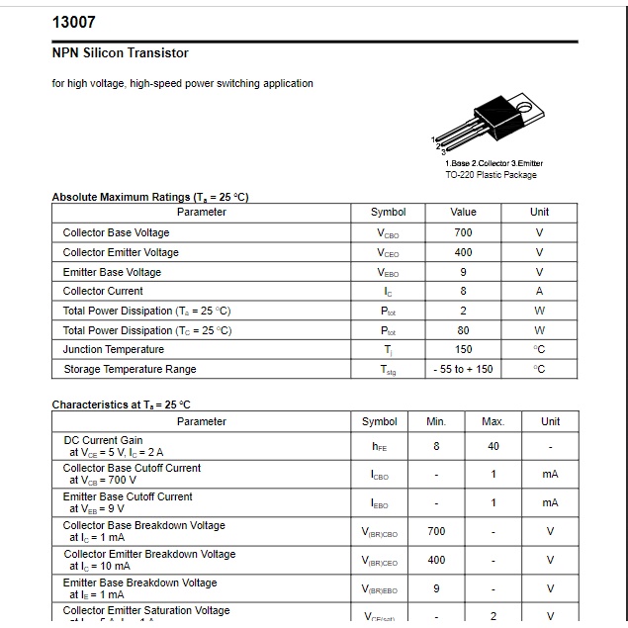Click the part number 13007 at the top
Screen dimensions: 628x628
pyautogui.click(x=73, y=23)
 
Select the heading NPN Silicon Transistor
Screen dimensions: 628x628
pyautogui.click(x=120, y=52)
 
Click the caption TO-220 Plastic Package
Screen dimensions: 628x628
pyautogui.click(x=491, y=175)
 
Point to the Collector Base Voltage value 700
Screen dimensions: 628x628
pyautogui.click(x=463, y=232)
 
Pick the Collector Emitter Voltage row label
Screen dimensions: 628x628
pyautogui.click(x=121, y=252)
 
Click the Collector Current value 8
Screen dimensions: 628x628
pyautogui.click(x=463, y=291)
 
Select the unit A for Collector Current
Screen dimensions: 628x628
pyautogui.click(x=539, y=291)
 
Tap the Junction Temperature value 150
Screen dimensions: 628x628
pyautogui.click(x=463, y=349)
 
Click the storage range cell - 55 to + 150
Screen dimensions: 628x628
pyautogui.click(x=463, y=369)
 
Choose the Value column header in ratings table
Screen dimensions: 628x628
pyautogui.click(x=463, y=212)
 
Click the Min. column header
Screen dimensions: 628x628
pyautogui.click(x=436, y=421)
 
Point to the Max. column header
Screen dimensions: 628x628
pyautogui.click(x=493, y=421)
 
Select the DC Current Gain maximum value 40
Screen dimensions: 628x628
pyautogui.click(x=493, y=446)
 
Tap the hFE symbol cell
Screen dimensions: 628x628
pyautogui.click(x=380, y=446)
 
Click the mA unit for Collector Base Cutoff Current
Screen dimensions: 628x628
pyautogui.click(x=550, y=474)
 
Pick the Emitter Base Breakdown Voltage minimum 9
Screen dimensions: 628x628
pyautogui.click(x=436, y=588)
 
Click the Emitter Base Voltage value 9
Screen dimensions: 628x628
pyautogui.click(x=463, y=272)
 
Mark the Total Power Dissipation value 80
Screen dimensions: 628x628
pyautogui.click(x=463, y=330)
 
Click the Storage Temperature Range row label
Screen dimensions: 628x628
pyautogui.click(x=130, y=369)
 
